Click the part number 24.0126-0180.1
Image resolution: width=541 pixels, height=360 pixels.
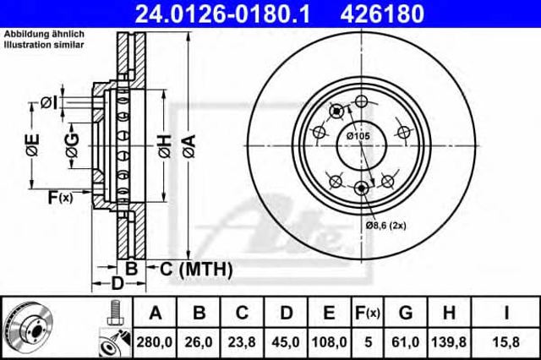pyautogui.click(x=222, y=14)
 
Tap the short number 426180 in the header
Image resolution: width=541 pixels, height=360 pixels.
pyautogui.click(x=382, y=14)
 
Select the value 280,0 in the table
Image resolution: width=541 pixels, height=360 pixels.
pyautogui.click(x=155, y=342)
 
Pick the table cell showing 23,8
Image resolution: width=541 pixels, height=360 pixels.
pyautogui.click(x=242, y=342)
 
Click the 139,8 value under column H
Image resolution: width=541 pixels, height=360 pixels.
pyautogui.click(x=449, y=342)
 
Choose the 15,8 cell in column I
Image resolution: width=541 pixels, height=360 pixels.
pyautogui.click(x=506, y=342)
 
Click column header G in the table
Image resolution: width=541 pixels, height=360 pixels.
pyautogui.click(x=406, y=313)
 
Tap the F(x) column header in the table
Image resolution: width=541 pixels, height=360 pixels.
pyautogui.click(x=368, y=314)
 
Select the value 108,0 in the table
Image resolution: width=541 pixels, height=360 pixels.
pyautogui.click(x=329, y=342)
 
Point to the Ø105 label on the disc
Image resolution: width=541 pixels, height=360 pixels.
pyautogui.click(x=358, y=136)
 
